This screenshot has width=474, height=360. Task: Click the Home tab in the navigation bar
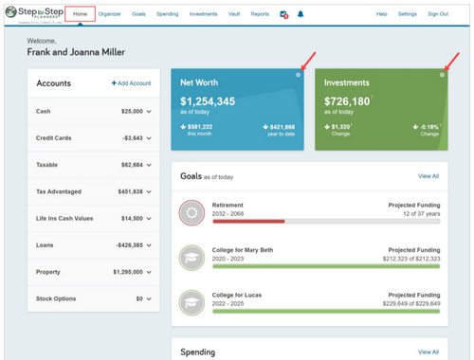[x=81, y=15]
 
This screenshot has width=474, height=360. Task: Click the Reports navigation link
[x=259, y=15]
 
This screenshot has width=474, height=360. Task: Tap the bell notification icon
[x=301, y=15]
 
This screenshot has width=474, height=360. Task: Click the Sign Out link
[x=438, y=15]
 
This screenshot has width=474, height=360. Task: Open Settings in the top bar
[x=407, y=15]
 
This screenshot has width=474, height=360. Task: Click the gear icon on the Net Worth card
[x=298, y=75]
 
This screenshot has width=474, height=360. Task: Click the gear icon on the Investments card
[x=442, y=75]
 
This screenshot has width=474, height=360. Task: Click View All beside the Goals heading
[x=428, y=176]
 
